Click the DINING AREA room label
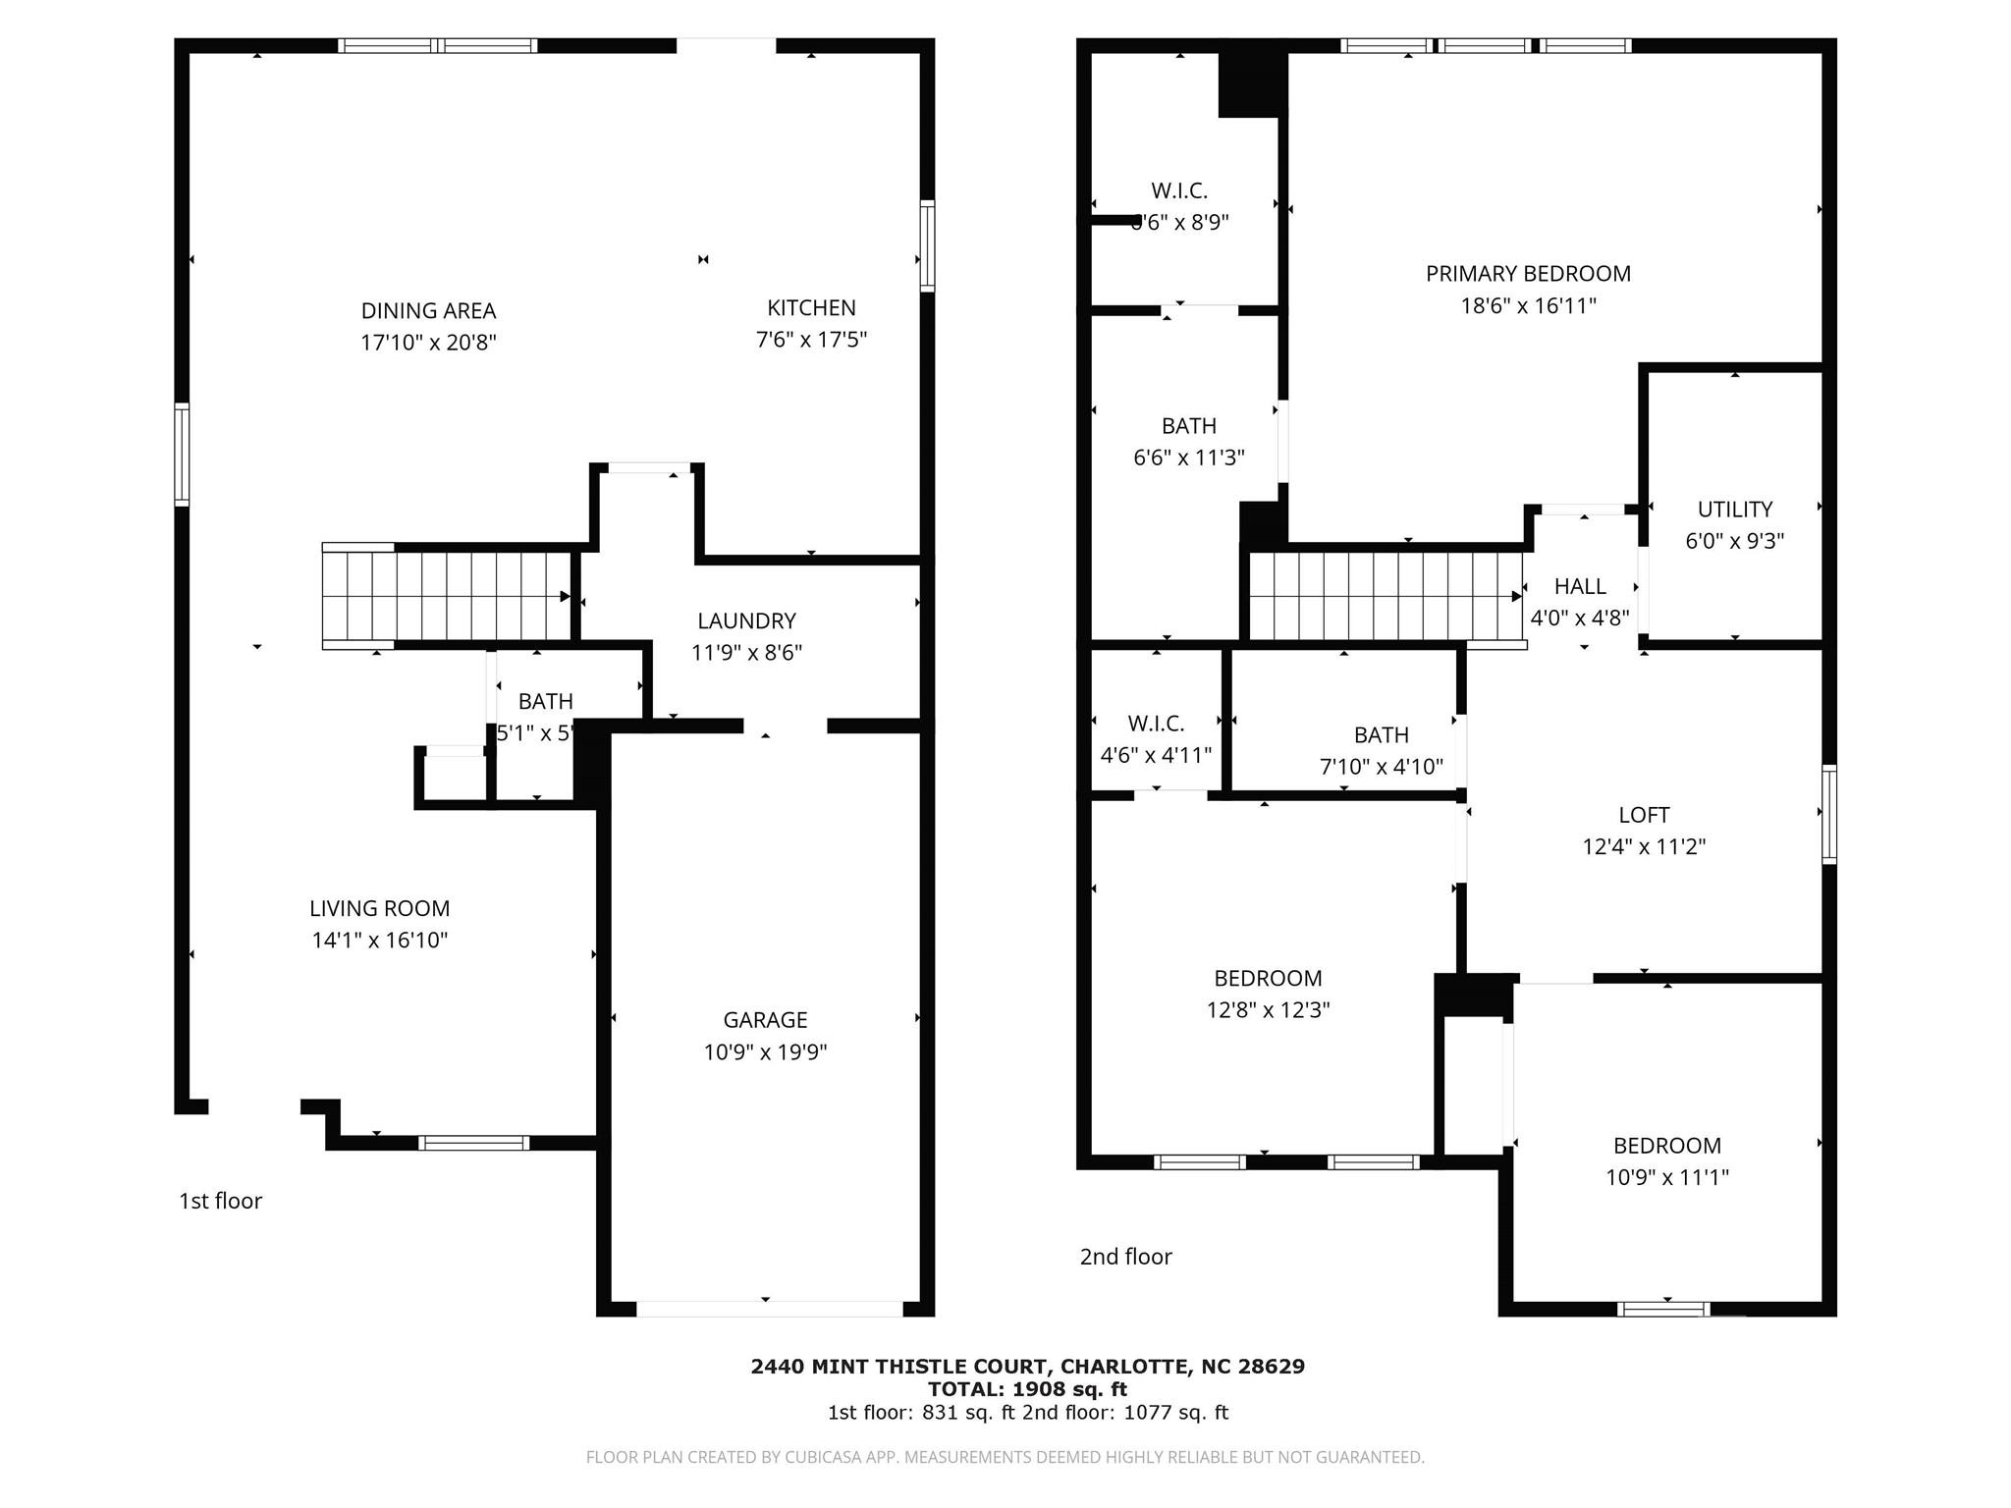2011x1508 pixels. pyautogui.click(x=428, y=310)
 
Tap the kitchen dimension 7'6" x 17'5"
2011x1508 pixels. pyautogui.click(x=811, y=340)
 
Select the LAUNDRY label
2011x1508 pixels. pyautogui.click(x=746, y=620)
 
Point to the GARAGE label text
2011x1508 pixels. pyautogui.click(x=765, y=1020)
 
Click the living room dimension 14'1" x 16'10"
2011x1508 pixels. pyautogui.click(x=380, y=941)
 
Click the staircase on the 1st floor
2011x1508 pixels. pyautogui.click(x=448, y=596)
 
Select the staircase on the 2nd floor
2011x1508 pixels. pyautogui.click(x=1385, y=596)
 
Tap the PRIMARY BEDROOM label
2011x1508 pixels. pyautogui.click(x=1528, y=274)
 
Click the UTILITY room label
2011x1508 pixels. pyautogui.click(x=1734, y=510)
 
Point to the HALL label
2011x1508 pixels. pyautogui.click(x=1580, y=586)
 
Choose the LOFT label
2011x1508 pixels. pyautogui.click(x=1644, y=815)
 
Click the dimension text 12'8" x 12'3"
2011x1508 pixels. pyautogui.click(x=1268, y=1010)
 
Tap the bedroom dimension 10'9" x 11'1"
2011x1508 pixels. pyautogui.click(x=1666, y=1177)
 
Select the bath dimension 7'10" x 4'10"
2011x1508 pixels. pyautogui.click(x=1381, y=767)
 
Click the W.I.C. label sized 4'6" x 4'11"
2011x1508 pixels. pyautogui.click(x=1156, y=724)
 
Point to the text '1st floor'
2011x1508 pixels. pyautogui.click(x=220, y=1201)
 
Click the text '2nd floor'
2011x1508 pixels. pyautogui.click(x=1125, y=1257)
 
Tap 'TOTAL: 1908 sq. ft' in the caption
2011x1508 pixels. pyautogui.click(x=1027, y=1389)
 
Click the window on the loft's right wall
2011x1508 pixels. pyautogui.click(x=1828, y=814)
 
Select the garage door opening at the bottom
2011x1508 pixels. pyautogui.click(x=769, y=1309)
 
